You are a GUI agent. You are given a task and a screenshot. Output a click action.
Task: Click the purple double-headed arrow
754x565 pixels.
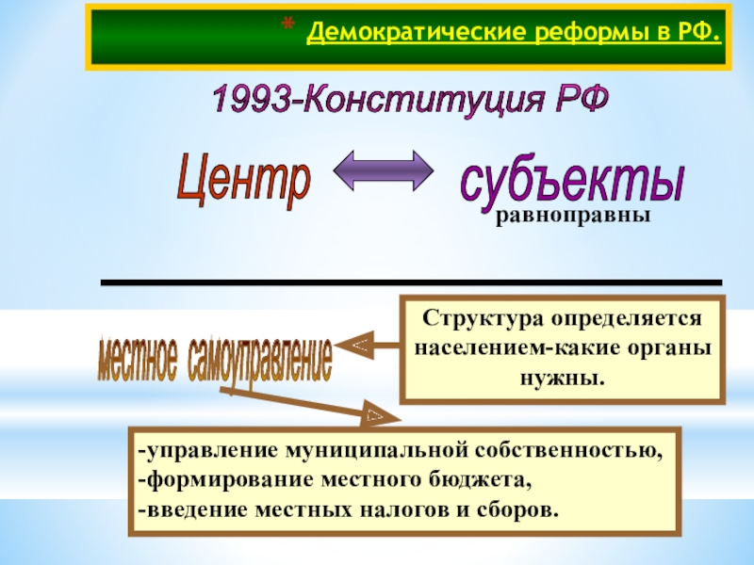pos(383,171)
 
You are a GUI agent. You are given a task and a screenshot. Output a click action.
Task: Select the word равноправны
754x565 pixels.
pos(573,218)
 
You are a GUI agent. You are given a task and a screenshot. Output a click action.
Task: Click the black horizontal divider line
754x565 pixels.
pos(410,282)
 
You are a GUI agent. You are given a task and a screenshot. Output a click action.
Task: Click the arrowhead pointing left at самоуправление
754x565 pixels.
pos(359,348)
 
